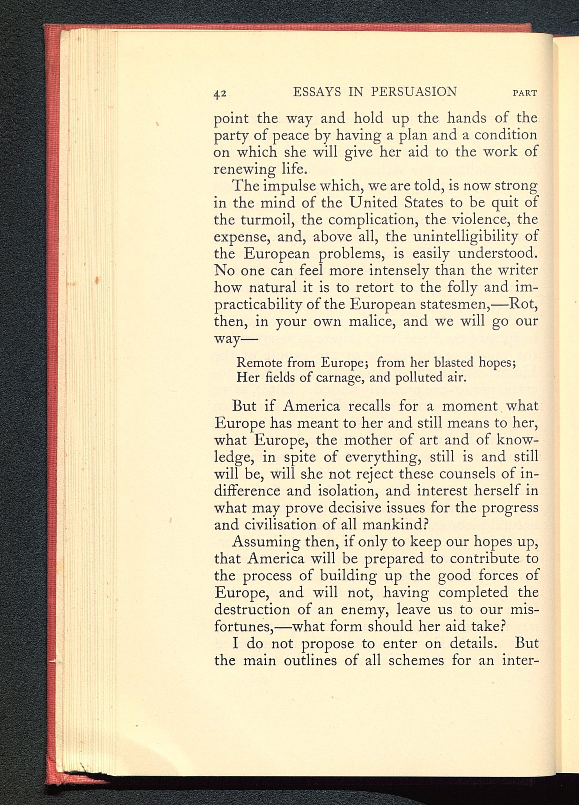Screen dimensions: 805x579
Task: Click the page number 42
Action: [x=220, y=93]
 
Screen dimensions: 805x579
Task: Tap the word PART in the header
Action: [x=525, y=93]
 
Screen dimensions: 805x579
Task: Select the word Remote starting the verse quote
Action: [x=259, y=363]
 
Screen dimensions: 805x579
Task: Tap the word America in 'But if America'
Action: [x=311, y=406]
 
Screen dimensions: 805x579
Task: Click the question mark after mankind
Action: [x=427, y=525]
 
